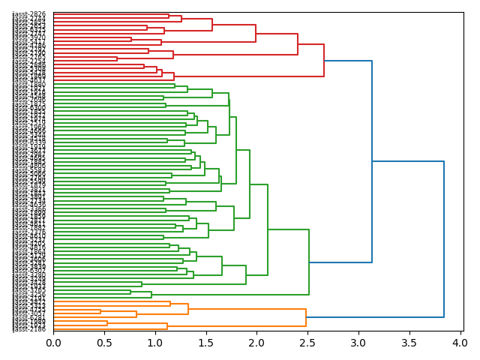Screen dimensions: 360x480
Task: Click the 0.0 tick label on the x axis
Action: pos(53,343)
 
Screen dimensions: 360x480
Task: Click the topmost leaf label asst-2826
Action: pos(29,14)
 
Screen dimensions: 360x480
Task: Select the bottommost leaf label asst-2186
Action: pos(29,329)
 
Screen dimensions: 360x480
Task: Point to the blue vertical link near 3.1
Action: pos(372,161)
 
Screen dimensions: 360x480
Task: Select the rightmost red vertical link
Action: pos(324,61)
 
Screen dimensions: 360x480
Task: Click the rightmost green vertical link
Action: pos(309,262)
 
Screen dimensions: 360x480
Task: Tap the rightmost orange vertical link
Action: pos(306,317)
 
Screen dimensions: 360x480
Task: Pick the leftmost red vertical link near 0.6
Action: pos(117,58)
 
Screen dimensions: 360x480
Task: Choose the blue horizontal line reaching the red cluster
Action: pos(348,61)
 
